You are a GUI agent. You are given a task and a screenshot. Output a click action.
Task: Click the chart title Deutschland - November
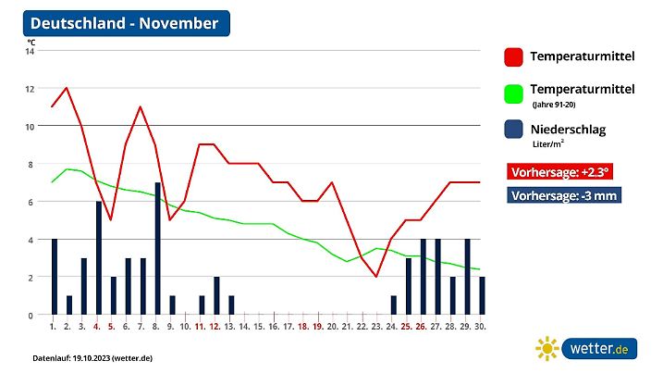125,23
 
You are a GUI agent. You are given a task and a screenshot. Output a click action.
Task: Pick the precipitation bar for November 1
54,277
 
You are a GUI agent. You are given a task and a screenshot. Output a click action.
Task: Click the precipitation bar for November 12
216,295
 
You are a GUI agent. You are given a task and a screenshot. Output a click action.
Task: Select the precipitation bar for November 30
483,295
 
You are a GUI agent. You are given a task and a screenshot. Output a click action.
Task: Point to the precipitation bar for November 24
394,305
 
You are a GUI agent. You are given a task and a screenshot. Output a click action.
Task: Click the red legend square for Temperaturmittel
514,57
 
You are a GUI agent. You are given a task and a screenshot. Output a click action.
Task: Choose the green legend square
514,93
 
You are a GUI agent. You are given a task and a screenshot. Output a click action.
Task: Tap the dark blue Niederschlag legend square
514,130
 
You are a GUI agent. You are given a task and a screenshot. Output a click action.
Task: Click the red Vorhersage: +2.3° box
560,171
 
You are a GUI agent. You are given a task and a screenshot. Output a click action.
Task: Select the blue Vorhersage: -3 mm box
563,195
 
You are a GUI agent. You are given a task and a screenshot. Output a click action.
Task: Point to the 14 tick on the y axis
30,51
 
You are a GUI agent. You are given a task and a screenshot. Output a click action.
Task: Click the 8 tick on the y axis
30,164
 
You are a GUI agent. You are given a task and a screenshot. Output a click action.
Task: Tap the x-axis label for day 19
317,326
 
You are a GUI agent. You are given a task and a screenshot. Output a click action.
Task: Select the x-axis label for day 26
421,326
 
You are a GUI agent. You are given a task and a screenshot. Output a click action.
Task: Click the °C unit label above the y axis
31,42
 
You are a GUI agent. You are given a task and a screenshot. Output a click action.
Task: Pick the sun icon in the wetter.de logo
548,349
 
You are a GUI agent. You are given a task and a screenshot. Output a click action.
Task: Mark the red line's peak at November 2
67,88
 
